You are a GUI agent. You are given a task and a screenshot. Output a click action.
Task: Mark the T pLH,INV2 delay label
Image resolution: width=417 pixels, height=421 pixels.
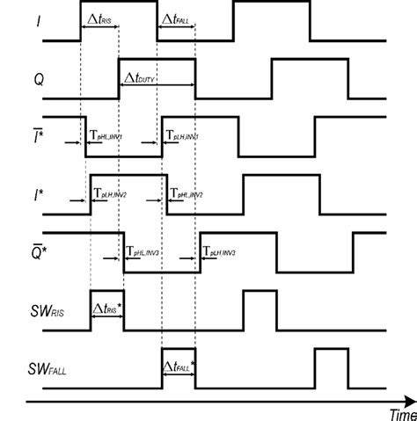click(111, 194)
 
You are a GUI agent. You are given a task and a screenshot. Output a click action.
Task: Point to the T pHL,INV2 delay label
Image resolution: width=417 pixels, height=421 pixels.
click(187, 194)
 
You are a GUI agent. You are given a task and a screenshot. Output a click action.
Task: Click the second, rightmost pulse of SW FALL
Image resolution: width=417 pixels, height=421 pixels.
click(331, 361)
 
